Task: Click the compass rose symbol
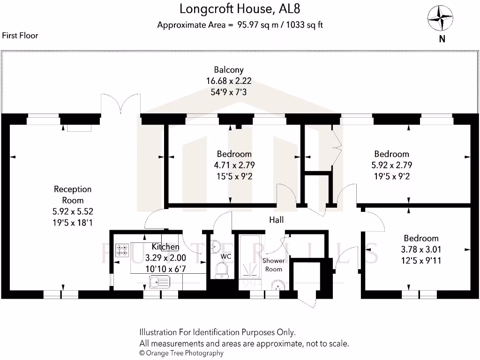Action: pyautogui.click(x=441, y=18)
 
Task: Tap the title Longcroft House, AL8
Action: pyautogui.click(x=240, y=8)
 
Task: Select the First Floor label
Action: pyautogui.click(x=20, y=35)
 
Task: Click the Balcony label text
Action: pyautogui.click(x=229, y=70)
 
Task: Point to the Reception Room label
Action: pyautogui.click(x=73, y=195)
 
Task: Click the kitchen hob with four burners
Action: pyautogui.click(x=123, y=250)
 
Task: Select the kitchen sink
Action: pyautogui.click(x=159, y=282)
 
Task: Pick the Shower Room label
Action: pyautogui.click(x=274, y=264)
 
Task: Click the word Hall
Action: pyautogui.click(x=276, y=219)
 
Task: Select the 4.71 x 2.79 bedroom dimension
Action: pyautogui.click(x=234, y=165)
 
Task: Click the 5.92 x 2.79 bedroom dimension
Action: pyautogui.click(x=391, y=165)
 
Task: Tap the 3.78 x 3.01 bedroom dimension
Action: pyautogui.click(x=421, y=249)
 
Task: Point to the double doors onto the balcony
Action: pyautogui.click(x=120, y=103)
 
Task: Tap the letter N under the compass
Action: pyautogui.click(x=442, y=39)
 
